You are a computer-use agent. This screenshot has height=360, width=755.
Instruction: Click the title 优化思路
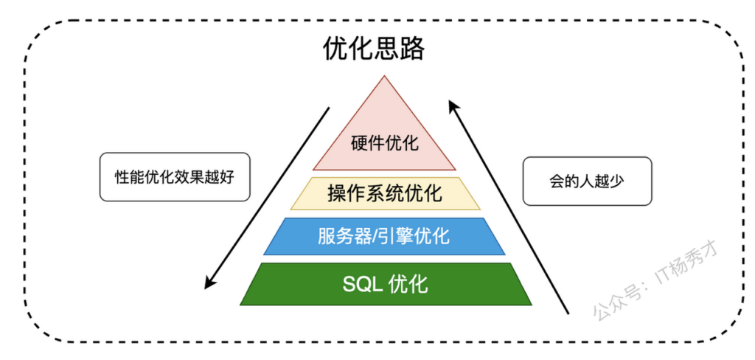[373, 49]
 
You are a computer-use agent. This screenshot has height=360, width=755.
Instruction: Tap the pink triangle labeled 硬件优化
[384, 139]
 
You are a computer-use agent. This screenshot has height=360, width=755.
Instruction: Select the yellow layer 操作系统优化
[385, 194]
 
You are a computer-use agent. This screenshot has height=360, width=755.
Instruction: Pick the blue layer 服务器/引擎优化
[384, 236]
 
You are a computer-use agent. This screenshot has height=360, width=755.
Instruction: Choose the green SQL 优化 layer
[386, 284]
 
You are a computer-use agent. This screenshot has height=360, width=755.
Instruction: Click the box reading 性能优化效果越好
[175, 177]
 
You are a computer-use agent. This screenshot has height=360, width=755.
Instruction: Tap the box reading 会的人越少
[587, 181]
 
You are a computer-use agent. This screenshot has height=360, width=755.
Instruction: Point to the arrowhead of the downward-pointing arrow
[208, 283]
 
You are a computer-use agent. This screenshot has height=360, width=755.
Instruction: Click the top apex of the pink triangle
[384, 76]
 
